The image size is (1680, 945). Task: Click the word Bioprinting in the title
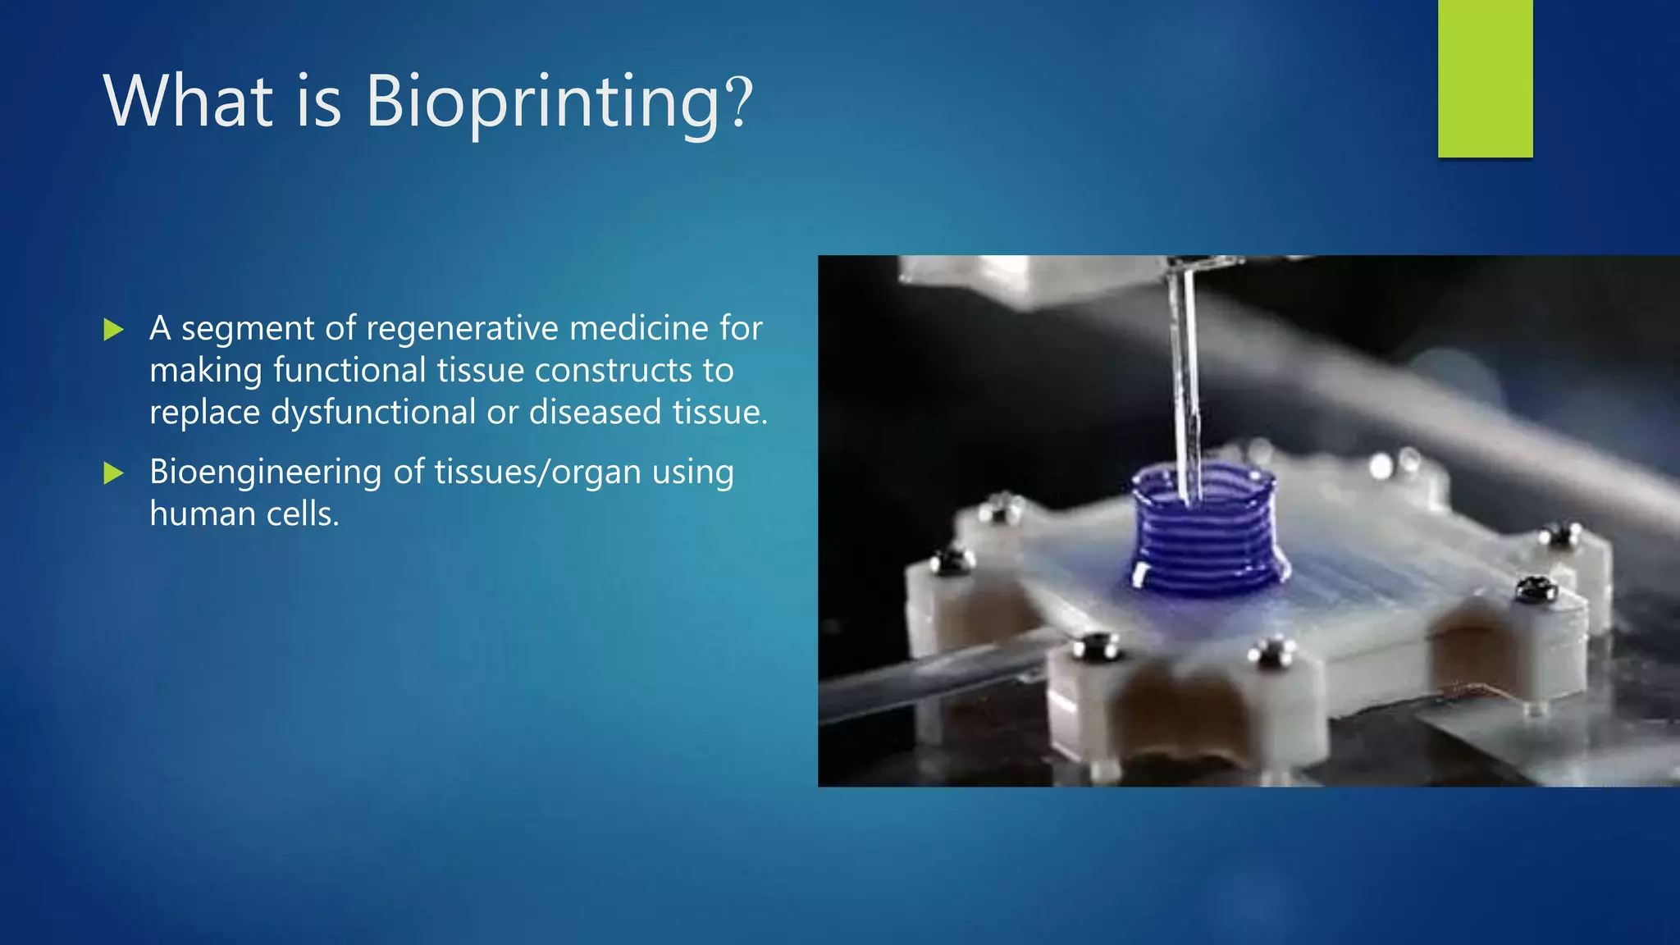[542, 102]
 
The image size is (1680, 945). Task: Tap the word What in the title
[188, 102]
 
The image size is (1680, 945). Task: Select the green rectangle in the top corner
[1485, 78]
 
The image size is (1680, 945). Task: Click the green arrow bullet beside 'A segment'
[113, 330]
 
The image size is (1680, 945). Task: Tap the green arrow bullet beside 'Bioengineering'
[113, 472]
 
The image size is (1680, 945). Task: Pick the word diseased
[595, 412]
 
